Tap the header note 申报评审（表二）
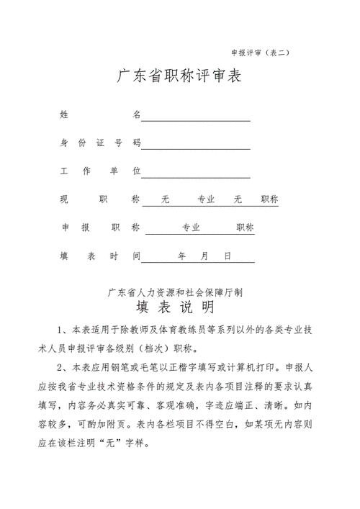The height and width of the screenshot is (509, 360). coord(260,53)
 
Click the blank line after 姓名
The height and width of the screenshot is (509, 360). coord(196,120)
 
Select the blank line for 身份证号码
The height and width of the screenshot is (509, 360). coord(196,148)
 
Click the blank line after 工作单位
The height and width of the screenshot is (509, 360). coord(196,176)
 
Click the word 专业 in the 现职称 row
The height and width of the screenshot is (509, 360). coord(206,199)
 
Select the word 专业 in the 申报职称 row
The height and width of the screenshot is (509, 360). coord(191,228)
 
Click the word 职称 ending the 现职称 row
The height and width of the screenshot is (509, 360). coord(269,199)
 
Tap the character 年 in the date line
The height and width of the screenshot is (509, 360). coord(182,256)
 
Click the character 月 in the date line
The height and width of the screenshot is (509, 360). coord(205,256)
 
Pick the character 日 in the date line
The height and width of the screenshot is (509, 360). coord(228,256)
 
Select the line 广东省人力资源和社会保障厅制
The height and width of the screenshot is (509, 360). coord(175,293)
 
